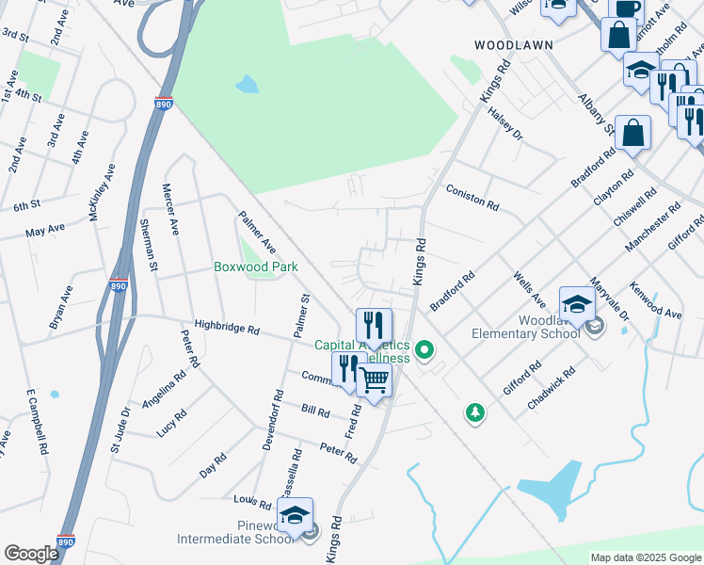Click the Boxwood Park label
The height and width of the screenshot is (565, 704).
[256, 266]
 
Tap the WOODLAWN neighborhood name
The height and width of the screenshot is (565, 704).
[513, 45]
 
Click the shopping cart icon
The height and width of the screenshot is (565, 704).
[375, 380]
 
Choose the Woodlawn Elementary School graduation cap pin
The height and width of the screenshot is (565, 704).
[577, 304]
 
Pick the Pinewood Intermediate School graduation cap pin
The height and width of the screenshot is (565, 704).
[296, 516]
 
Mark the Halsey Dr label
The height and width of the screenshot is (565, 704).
[504, 122]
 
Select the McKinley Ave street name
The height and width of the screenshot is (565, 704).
[102, 192]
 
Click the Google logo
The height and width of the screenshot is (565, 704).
[31, 554]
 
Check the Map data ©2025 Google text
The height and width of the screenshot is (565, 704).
[645, 557]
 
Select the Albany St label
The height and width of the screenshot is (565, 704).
[597, 114]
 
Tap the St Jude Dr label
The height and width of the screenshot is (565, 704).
[121, 428]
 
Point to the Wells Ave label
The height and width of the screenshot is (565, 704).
[529, 290]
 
